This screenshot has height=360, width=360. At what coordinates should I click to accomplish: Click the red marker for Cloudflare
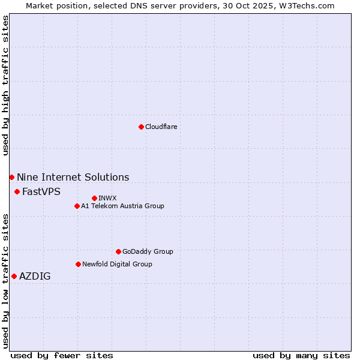click(x=141, y=127)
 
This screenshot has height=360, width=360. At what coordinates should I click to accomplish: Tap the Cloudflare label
click(x=161, y=127)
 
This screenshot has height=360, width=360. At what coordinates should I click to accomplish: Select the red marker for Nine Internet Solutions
click(x=11, y=177)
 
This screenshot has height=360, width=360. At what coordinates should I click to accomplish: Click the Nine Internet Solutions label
click(x=73, y=177)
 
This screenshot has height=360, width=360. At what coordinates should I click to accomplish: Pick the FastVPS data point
click(x=17, y=191)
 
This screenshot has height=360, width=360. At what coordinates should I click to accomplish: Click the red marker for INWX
click(x=94, y=198)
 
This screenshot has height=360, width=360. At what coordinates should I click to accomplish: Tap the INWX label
click(x=107, y=198)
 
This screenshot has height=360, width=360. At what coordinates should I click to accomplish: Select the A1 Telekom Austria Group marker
click(x=77, y=206)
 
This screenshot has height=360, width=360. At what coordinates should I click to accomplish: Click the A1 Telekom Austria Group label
click(x=122, y=206)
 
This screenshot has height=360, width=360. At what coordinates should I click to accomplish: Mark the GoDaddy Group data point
click(x=118, y=251)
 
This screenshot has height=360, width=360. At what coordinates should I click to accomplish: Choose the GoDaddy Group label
click(x=148, y=251)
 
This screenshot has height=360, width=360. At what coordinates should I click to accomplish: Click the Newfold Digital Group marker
click(x=78, y=264)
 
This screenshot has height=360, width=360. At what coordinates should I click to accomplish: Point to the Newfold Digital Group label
click(x=117, y=264)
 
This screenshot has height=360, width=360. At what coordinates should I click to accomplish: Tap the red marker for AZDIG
click(x=14, y=276)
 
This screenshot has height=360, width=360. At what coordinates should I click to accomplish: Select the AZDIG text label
click(x=35, y=276)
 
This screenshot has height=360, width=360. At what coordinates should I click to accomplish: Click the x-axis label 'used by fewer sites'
click(x=62, y=355)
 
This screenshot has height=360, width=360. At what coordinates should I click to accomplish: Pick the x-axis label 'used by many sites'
click(x=301, y=355)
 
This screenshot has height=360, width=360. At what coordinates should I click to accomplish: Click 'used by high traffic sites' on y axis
click(x=5, y=85)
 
